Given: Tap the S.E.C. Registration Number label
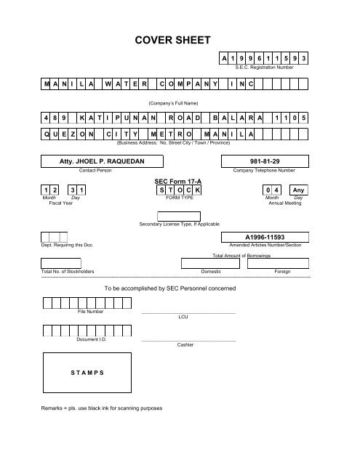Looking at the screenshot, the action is pyautogui.click(x=279, y=67).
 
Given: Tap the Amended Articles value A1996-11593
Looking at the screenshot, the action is pyautogui.click(x=271, y=237).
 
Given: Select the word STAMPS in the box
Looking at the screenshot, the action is pyautogui.click(x=87, y=371).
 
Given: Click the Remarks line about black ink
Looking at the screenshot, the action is pyautogui.click(x=102, y=408).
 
